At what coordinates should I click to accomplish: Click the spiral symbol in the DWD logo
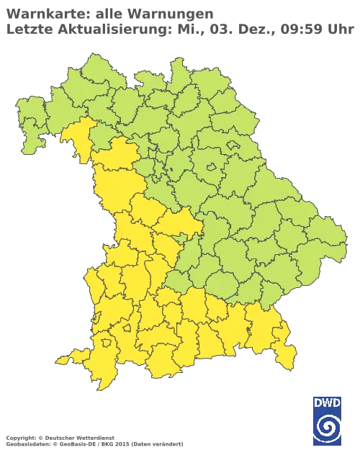pos(327,430)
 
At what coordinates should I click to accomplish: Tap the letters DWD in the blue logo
pos(327,403)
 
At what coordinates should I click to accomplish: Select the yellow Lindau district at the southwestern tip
pos(67,359)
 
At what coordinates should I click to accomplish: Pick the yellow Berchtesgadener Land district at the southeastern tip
pos(287,353)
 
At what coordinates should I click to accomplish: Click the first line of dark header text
pos(108,13)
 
